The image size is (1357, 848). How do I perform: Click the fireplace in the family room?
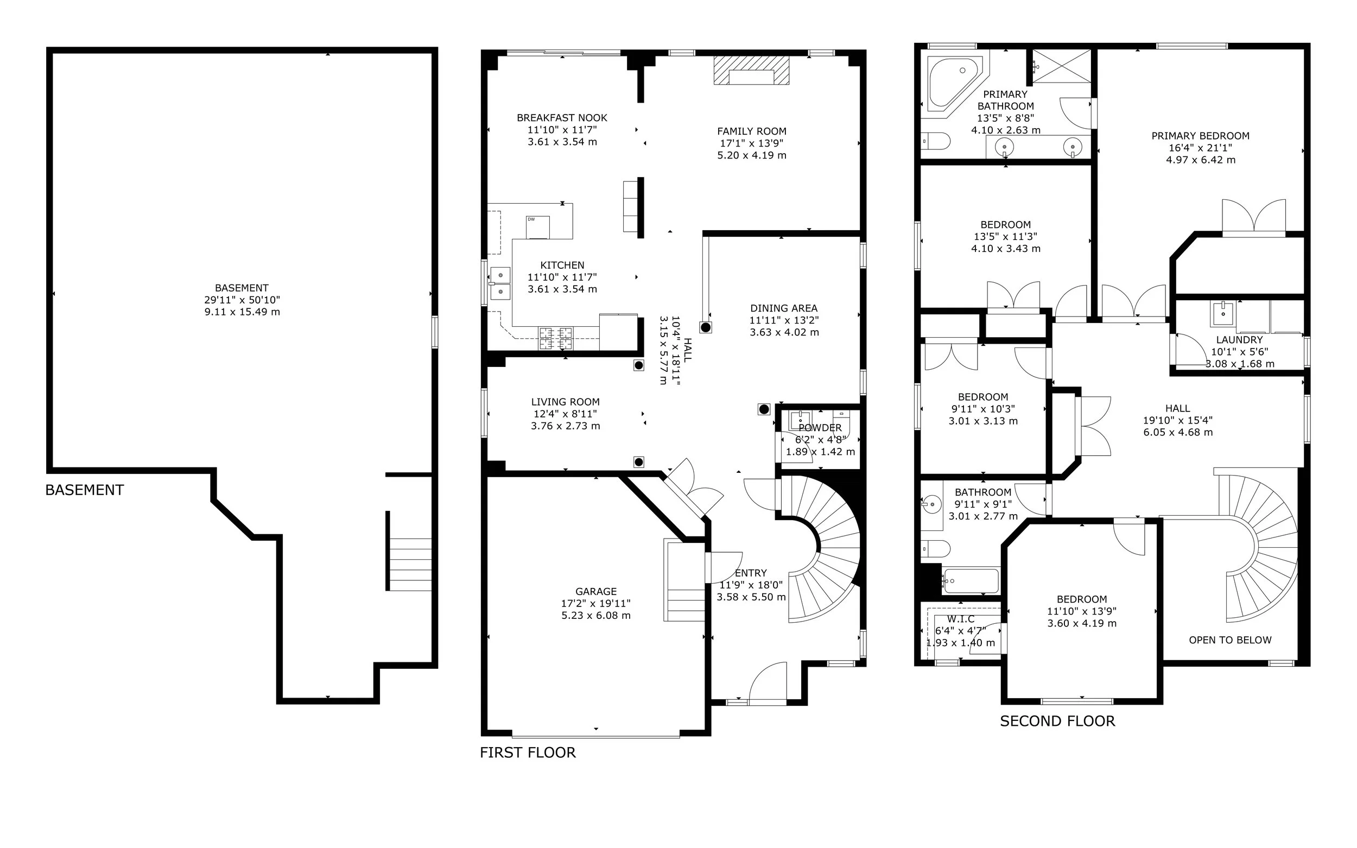(x=751, y=70)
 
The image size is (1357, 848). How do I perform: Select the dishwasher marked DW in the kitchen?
(x=538, y=227)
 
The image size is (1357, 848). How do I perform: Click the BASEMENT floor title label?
(x=84, y=490)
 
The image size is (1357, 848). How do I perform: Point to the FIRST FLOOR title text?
(x=528, y=752)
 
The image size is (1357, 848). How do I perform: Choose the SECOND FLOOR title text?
(x=1057, y=722)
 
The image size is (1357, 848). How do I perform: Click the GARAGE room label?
(x=596, y=592)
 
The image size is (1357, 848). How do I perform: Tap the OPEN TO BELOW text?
(x=1231, y=640)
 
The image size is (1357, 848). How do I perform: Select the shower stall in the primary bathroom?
(x=1062, y=66)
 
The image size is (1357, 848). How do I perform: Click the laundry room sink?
(x=1223, y=313)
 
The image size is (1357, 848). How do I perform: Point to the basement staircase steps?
(x=410, y=564)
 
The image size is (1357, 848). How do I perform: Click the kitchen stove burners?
(x=556, y=338)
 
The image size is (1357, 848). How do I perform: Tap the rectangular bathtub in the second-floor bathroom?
(x=971, y=581)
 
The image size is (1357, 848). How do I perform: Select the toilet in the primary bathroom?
(x=935, y=141)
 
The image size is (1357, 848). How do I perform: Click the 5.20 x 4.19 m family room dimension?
(x=752, y=155)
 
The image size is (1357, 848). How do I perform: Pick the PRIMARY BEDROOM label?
(x=1201, y=136)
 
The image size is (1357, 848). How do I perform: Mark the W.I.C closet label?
(x=961, y=619)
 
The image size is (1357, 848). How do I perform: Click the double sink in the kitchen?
(x=499, y=283)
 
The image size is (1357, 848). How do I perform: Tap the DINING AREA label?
(x=784, y=308)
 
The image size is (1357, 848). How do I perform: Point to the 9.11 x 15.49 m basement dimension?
(x=242, y=312)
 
